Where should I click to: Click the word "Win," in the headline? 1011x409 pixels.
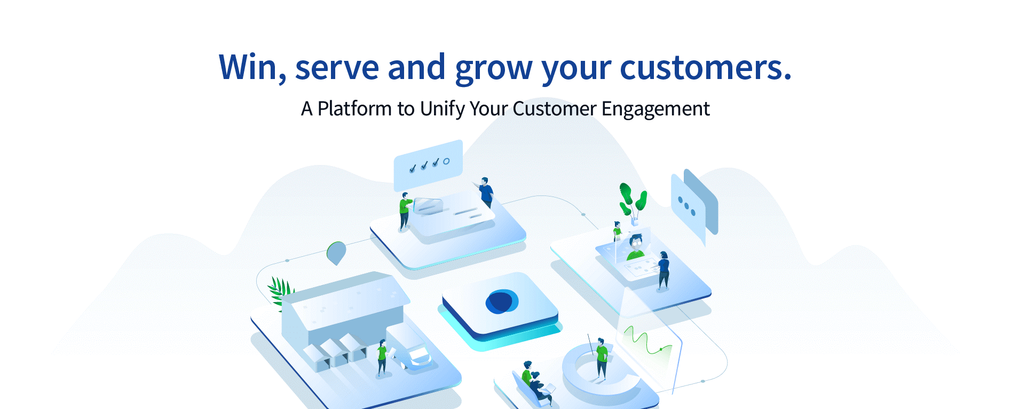252,68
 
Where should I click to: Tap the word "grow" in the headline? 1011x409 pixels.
494,69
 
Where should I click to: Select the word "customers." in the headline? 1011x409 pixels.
706,68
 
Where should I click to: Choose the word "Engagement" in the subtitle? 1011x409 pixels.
655,109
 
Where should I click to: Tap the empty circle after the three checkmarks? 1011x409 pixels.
446,161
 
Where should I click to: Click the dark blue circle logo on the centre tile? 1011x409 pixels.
501,302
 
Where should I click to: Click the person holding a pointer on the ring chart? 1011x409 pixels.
601,358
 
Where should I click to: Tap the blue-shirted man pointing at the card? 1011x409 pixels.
485,193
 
